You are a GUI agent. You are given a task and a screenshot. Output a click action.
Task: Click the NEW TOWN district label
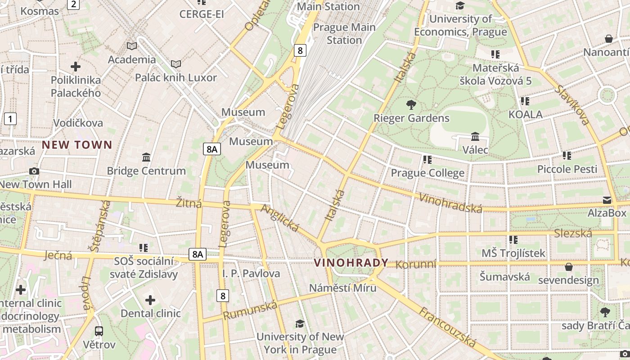coord(77,145)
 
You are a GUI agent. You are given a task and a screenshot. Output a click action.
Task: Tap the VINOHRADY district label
coord(351,263)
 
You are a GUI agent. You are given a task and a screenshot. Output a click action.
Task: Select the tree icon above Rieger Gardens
coord(411,105)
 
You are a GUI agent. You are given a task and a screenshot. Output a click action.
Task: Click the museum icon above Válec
coord(475,136)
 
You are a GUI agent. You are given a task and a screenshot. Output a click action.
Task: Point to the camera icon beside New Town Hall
coord(34,171)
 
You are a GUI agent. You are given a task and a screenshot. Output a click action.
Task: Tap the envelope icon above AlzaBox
coord(607,200)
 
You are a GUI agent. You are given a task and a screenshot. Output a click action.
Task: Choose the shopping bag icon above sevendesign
coord(569,267)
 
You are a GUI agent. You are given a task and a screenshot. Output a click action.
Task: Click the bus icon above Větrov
coord(99,331)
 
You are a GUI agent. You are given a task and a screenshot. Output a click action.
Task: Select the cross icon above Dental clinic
coord(150,300)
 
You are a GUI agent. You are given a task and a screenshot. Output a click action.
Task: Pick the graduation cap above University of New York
coord(300,324)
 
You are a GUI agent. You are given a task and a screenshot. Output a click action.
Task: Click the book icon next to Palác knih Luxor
coord(176,64)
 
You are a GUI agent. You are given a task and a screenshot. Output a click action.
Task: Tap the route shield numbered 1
coord(10,119)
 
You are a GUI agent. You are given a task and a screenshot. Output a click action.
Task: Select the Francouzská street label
coord(447,327)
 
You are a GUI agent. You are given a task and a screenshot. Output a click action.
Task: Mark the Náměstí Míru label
coord(343,288)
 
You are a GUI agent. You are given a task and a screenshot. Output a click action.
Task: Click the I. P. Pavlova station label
coord(251,274)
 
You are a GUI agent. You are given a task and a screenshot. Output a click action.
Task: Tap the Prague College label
coord(427,173)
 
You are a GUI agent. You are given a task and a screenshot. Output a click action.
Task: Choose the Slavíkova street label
coord(572,105)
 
